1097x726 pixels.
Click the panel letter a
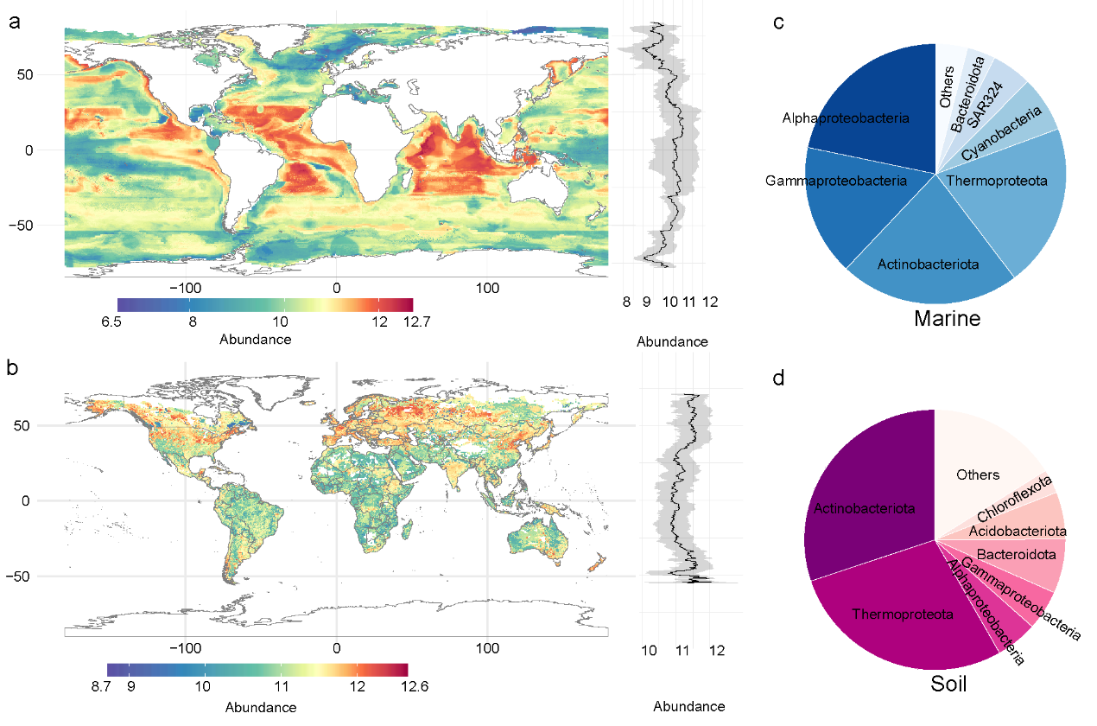pyautogui.click(x=14, y=24)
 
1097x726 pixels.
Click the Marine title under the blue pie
pyautogui.click(x=947, y=319)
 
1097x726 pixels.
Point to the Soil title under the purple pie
pyautogui.click(x=948, y=685)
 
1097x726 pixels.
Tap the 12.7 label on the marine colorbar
pyautogui.click(x=403, y=322)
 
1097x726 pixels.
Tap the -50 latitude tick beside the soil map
pyautogui.click(x=42, y=576)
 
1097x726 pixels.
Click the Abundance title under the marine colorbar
pyautogui.click(x=256, y=340)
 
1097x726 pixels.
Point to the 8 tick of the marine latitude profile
pyautogui.click(x=626, y=302)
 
